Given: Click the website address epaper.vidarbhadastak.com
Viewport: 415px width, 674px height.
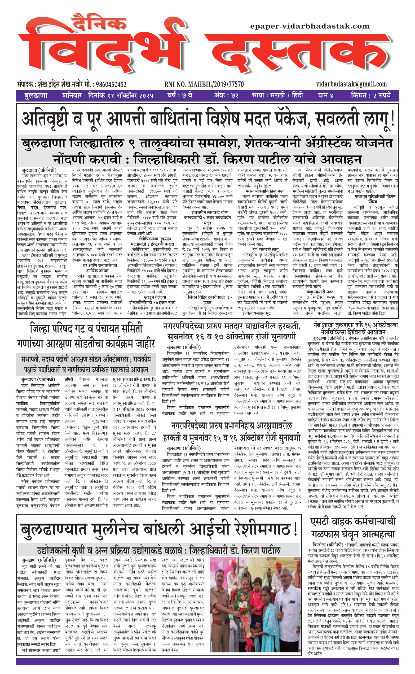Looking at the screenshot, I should pos(310,26).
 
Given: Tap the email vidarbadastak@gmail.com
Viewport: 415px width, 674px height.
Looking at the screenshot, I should pos(351,84).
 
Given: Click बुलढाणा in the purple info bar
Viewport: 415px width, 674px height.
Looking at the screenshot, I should pos(36,95).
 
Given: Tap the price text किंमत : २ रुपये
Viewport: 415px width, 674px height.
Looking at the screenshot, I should pos(370,95).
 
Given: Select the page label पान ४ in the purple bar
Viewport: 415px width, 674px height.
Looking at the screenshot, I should pos(325,95).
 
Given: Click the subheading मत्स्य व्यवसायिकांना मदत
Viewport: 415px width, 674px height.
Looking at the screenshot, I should pos(265,191).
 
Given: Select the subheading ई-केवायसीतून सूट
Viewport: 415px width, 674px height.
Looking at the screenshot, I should pos(256,313).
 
